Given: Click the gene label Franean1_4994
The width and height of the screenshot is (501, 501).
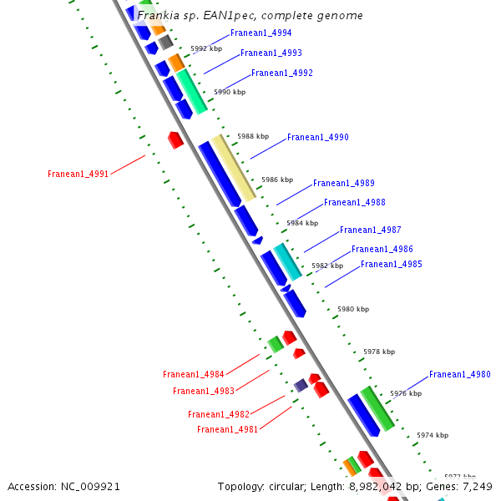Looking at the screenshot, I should pos(261,33).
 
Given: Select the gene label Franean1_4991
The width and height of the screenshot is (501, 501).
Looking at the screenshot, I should pos(78,175).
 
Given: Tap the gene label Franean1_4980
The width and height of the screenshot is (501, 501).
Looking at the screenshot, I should pos(459,375).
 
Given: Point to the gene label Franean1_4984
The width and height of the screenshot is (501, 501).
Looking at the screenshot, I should pos(193,375).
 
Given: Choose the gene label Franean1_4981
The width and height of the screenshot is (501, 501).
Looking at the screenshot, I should pos(227,430).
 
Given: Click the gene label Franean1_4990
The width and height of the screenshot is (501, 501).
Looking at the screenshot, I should pos(317,137).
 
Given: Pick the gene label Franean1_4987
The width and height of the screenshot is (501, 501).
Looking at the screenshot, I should pos(370,230).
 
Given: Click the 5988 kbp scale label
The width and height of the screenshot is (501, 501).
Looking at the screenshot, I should pos(253,136).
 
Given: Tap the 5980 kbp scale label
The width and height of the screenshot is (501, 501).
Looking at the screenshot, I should pos(352,309).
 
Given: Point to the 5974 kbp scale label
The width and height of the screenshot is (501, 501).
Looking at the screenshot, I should pos(433,435).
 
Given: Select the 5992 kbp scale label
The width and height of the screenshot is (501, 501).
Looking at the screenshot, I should pos(206,49).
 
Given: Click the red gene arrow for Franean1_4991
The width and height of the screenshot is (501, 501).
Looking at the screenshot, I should pos(175,139).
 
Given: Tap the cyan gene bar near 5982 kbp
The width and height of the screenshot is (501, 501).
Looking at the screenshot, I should pos(287,261).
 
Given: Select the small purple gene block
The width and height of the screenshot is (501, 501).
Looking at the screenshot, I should pos(300,385).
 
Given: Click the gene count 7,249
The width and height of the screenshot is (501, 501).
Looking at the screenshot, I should pos(475,486).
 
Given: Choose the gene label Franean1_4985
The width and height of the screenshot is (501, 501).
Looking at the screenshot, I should pos(391,265).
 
